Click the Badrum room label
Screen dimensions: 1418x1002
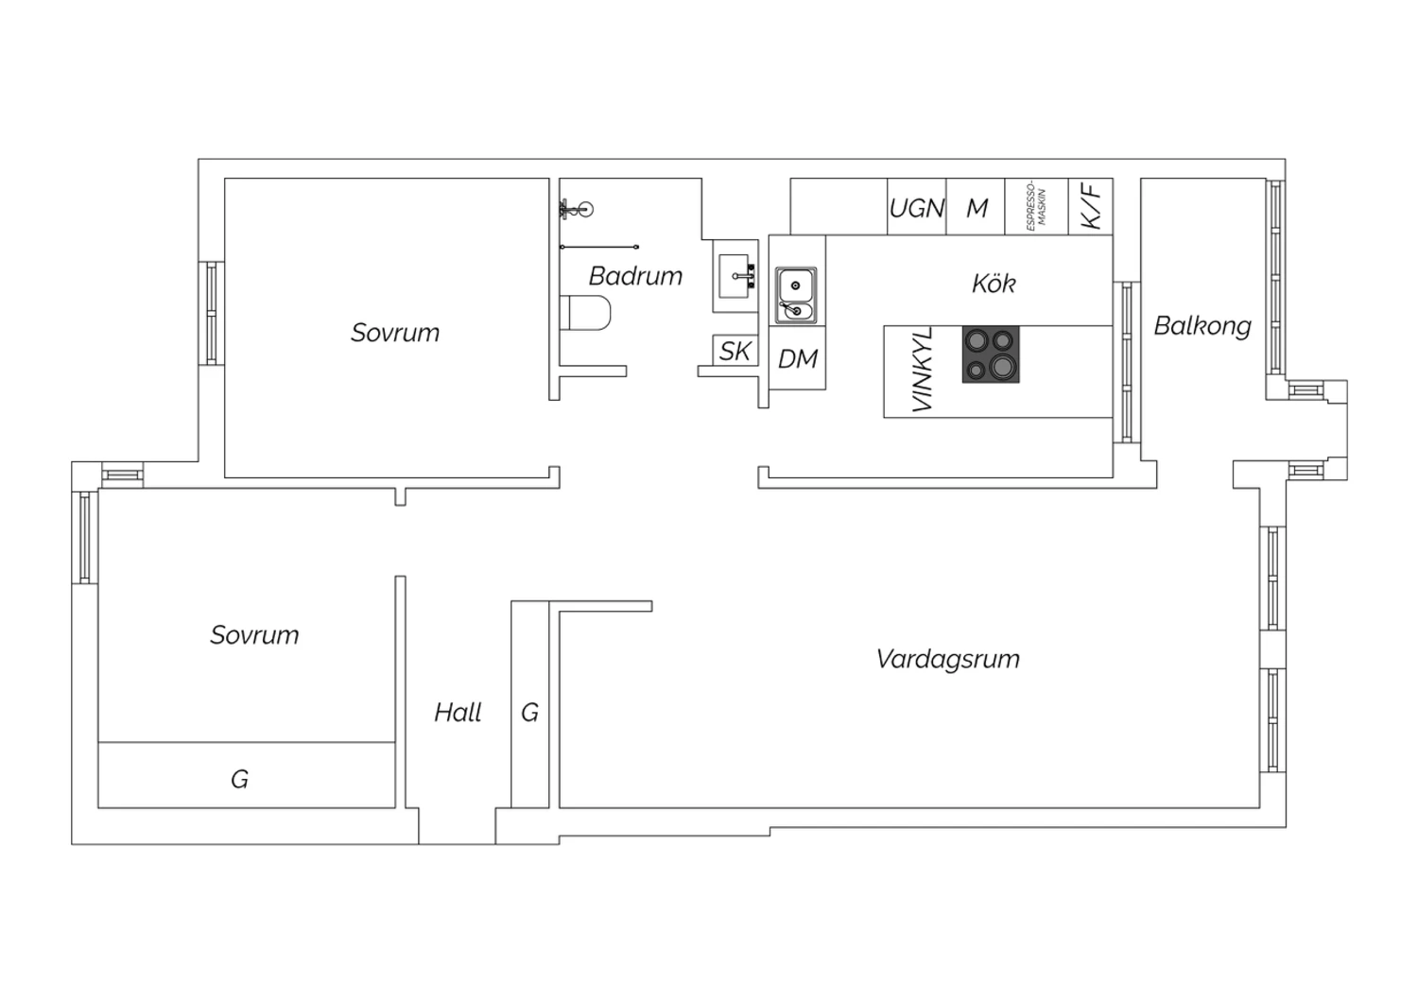click(x=635, y=276)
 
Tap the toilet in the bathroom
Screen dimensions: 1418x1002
click(x=585, y=313)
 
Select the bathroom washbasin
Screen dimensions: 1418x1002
click(x=736, y=276)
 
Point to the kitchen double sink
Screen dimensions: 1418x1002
click(x=796, y=295)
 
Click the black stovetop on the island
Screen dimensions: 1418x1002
click(x=991, y=354)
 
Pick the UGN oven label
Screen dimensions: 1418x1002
click(x=917, y=208)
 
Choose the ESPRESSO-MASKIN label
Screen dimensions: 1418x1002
click(x=1036, y=208)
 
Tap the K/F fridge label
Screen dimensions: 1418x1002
click(x=1091, y=206)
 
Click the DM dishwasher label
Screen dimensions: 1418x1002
click(x=798, y=359)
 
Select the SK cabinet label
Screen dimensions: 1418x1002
click(x=735, y=351)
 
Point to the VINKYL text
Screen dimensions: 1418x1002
click(x=922, y=370)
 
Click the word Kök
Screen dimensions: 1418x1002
click(x=994, y=284)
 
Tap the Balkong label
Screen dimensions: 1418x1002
click(x=1202, y=327)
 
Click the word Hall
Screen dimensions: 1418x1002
click(x=458, y=713)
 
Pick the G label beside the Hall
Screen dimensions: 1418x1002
click(x=529, y=713)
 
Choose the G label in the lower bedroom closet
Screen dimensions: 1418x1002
click(x=239, y=779)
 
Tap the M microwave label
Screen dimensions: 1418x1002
click(x=977, y=208)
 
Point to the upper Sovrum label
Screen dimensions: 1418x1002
click(x=395, y=333)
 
